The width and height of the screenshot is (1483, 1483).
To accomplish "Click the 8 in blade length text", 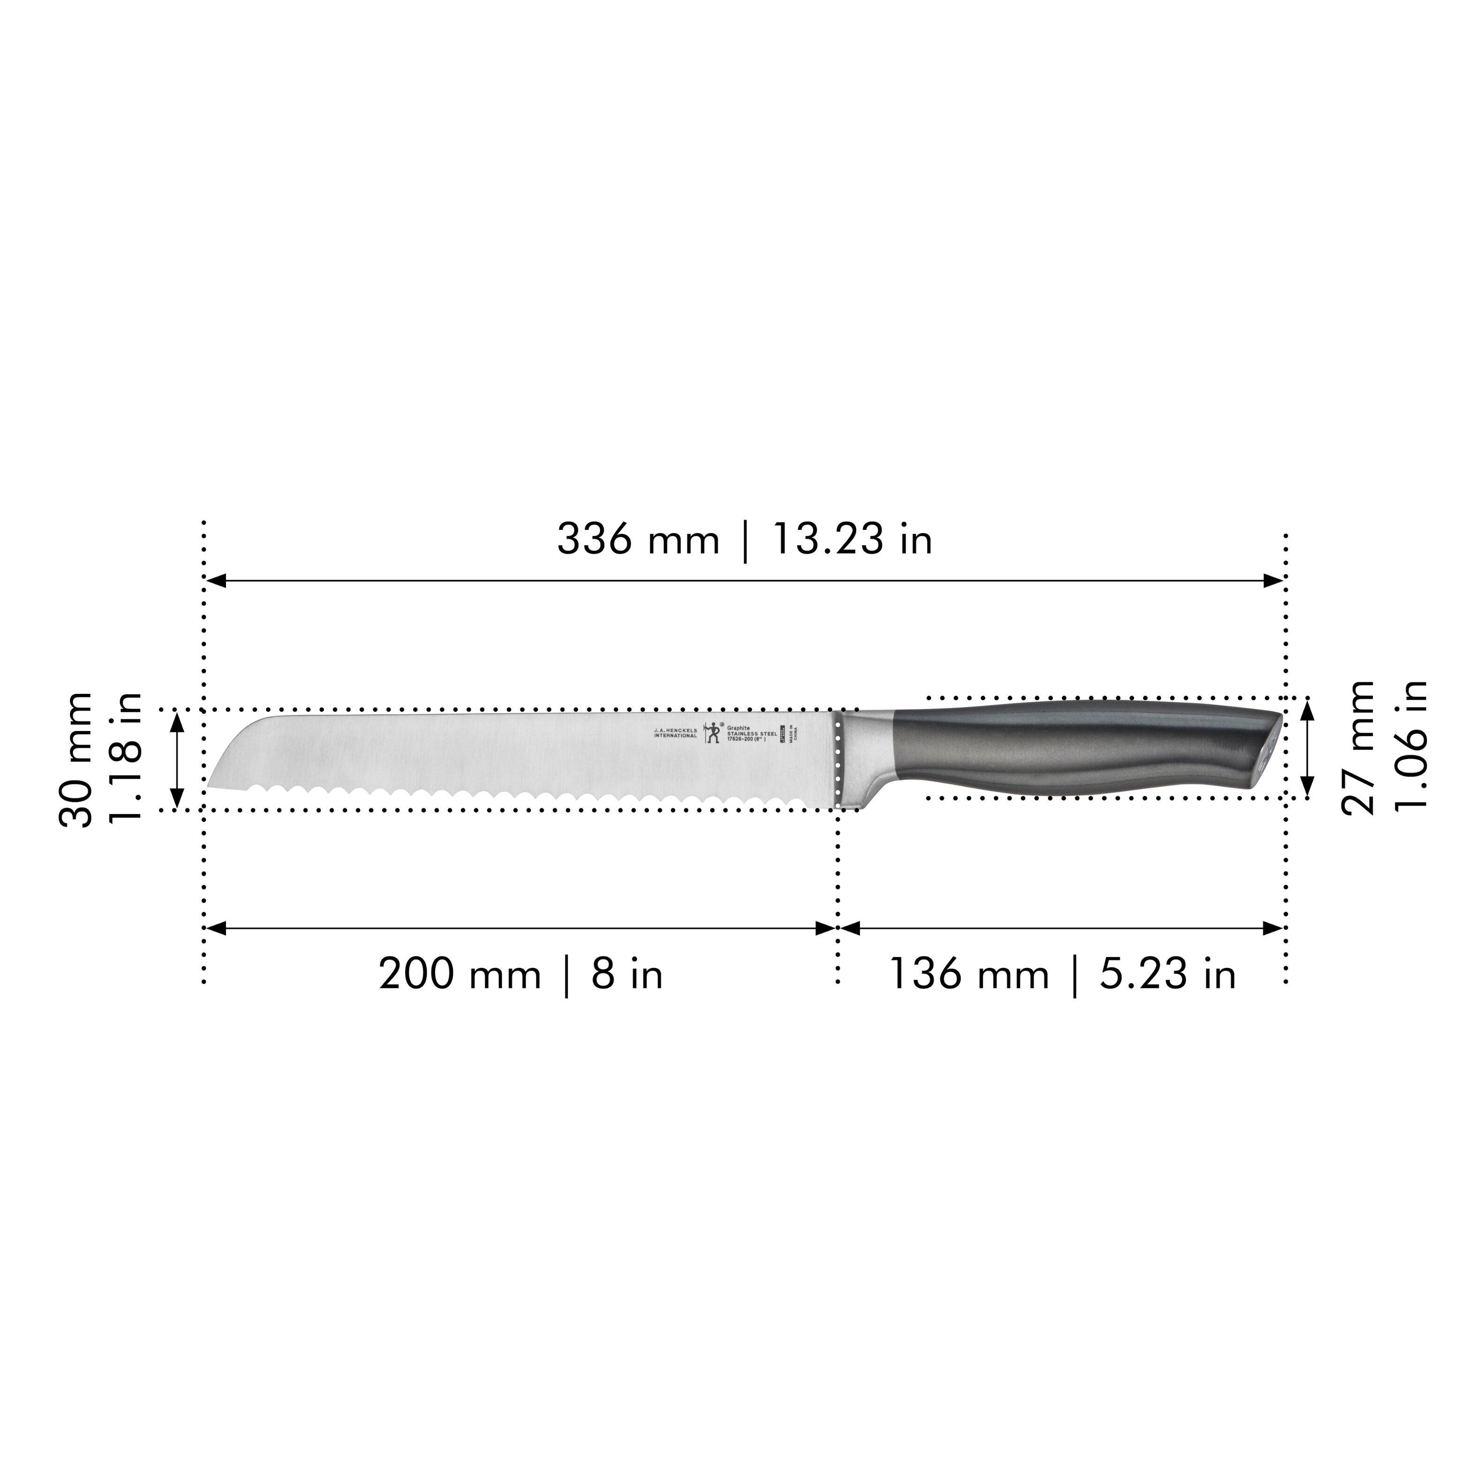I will [626, 975].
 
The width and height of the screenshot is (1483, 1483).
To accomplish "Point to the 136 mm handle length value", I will [969, 975].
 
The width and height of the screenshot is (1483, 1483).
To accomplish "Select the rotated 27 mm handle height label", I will [1359, 747].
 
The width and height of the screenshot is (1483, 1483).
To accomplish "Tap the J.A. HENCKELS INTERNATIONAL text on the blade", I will [676, 733].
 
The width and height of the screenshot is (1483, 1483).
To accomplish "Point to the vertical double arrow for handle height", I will [1309, 748].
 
